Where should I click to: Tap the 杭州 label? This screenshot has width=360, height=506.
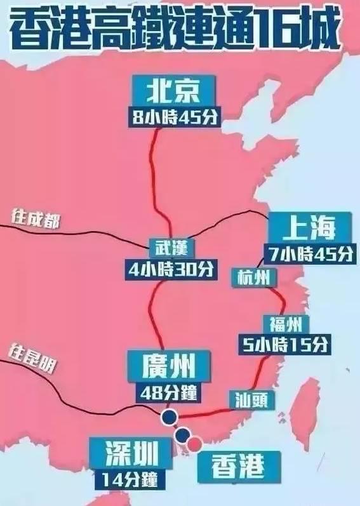point(253,277)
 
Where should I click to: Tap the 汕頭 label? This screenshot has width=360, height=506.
point(251,399)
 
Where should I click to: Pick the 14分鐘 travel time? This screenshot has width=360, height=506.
point(131,479)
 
